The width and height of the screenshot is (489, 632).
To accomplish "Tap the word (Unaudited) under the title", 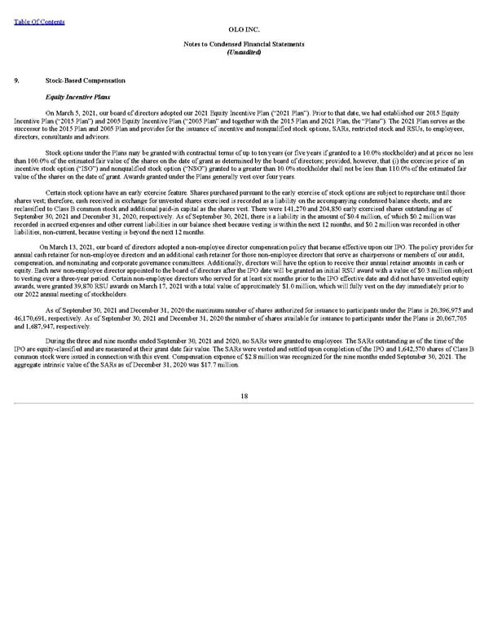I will (x=244, y=52).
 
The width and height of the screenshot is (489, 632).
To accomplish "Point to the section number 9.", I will (x=18, y=81).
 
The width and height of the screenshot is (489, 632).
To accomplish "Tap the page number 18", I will (x=244, y=396).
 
